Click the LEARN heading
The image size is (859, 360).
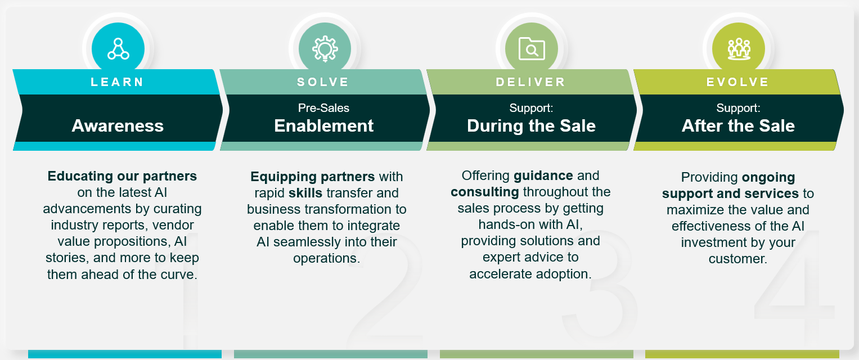[x=117, y=82]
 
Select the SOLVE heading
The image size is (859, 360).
[x=323, y=82]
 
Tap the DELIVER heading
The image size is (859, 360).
[x=530, y=82]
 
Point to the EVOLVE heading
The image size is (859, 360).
[x=738, y=82]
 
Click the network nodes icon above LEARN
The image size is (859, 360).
[x=118, y=49]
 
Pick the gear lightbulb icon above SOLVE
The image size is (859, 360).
[x=325, y=49]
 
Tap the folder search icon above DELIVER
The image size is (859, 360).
[x=532, y=49]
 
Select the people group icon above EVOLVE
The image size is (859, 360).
[x=739, y=49]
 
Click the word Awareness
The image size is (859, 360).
[x=118, y=126]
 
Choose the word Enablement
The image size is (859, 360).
[x=323, y=126]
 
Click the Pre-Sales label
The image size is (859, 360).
[x=323, y=108]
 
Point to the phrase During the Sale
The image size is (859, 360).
[x=531, y=126]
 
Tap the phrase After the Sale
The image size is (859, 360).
[x=738, y=126]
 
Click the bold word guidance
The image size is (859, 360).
[x=543, y=176]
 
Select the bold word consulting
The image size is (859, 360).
[x=485, y=192]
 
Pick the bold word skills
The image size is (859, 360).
[x=305, y=193]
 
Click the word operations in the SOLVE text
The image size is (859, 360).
[x=326, y=258]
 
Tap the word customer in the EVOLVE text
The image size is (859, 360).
[x=737, y=259]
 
